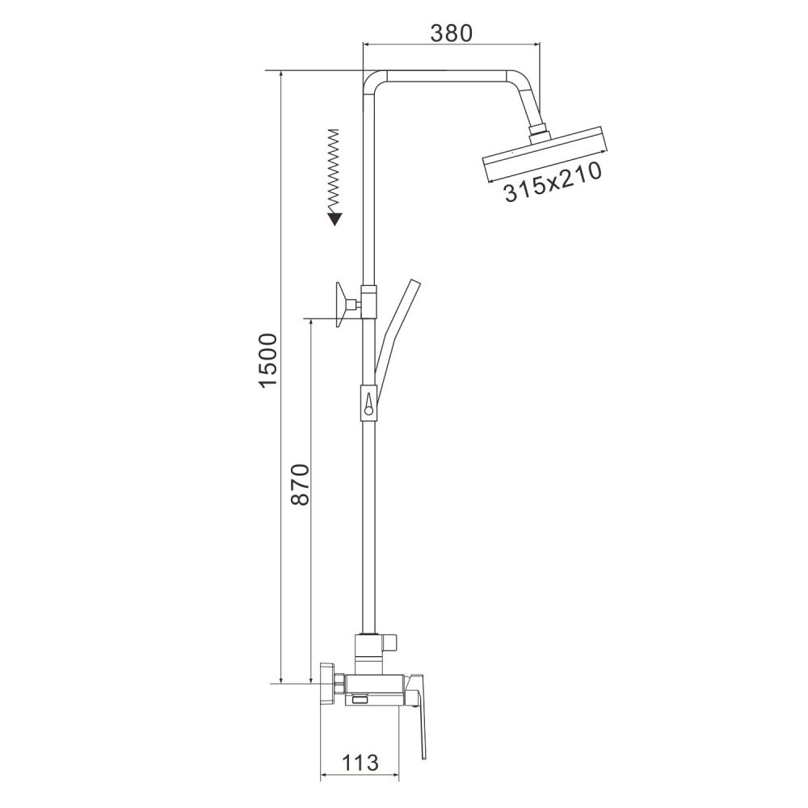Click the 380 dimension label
pyautogui.click(x=452, y=32)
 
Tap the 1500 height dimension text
pyautogui.click(x=269, y=360)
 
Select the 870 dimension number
pyautogui.click(x=300, y=484)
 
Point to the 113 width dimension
pyautogui.click(x=360, y=762)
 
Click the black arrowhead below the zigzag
pyautogui.click(x=336, y=220)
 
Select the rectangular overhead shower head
pyautogui.click(x=545, y=154)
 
